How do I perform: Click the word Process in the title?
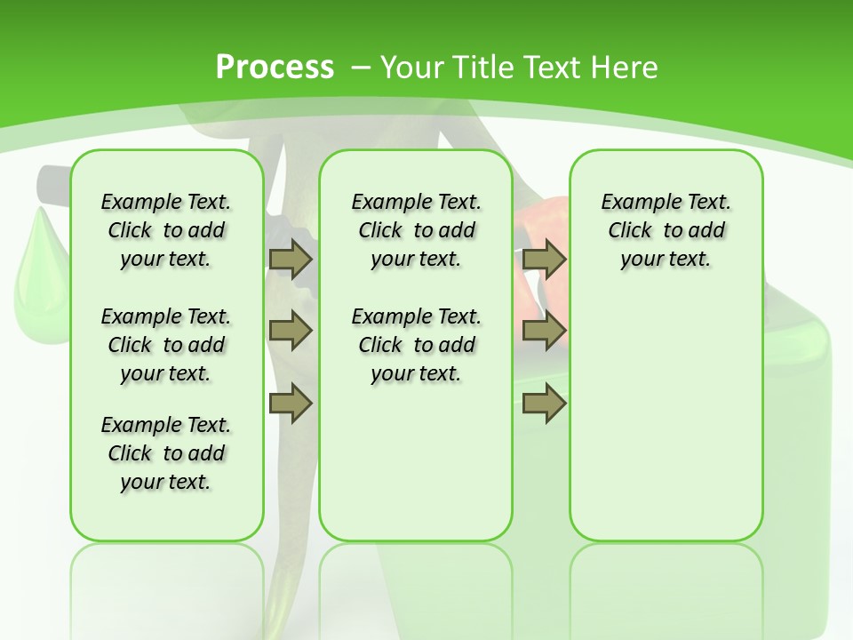click(x=275, y=67)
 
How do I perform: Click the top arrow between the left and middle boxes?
click(x=291, y=259)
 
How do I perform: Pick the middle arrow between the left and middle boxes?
click(x=291, y=331)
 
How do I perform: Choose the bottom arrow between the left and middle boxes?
click(x=291, y=404)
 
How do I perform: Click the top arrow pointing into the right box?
click(x=544, y=259)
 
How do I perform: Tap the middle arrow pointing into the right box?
click(x=544, y=331)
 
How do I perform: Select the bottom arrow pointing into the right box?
click(x=544, y=404)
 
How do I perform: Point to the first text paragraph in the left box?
click(x=166, y=230)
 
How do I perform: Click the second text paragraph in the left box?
click(x=166, y=345)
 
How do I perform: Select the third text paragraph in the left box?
click(x=166, y=453)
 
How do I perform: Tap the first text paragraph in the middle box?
click(x=416, y=230)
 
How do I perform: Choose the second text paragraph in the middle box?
click(x=416, y=345)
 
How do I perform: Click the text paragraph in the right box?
click(x=666, y=230)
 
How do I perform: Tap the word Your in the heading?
click(x=413, y=68)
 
